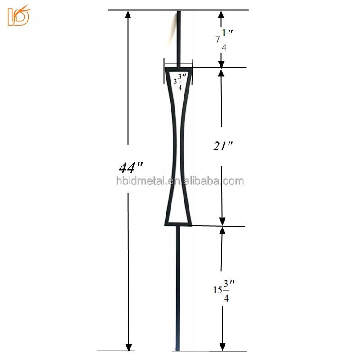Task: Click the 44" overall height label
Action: pyautogui.click(x=131, y=168)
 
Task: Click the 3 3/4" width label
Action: pyautogui.click(x=178, y=82)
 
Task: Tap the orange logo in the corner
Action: pyautogui.click(x=18, y=16)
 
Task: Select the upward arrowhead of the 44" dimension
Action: pyautogui.click(x=128, y=14)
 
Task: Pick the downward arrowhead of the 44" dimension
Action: pyautogui.click(x=129, y=346)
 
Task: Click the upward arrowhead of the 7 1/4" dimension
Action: pyautogui.click(x=221, y=14)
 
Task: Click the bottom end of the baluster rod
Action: pyautogui.click(x=178, y=349)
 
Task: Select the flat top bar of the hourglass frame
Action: pyautogui.click(x=179, y=69)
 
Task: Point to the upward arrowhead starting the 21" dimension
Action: pyautogui.click(x=221, y=72)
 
